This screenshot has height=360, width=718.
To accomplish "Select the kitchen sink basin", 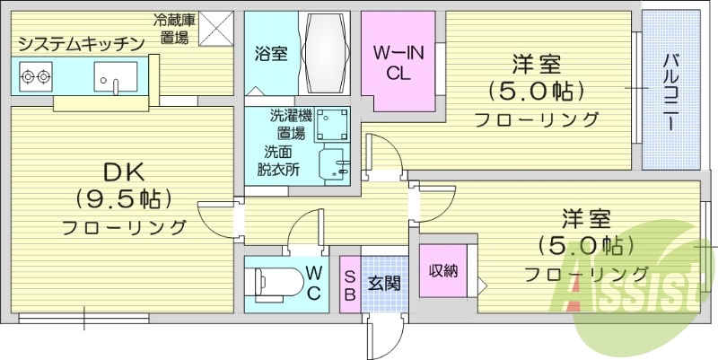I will click(x=115, y=76).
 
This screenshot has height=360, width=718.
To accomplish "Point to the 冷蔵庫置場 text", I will click(x=174, y=29).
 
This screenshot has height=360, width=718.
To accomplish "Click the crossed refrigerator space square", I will click(x=215, y=29).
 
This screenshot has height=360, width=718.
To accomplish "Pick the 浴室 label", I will click(x=272, y=54).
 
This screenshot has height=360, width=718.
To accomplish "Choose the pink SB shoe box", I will click(x=349, y=285).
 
